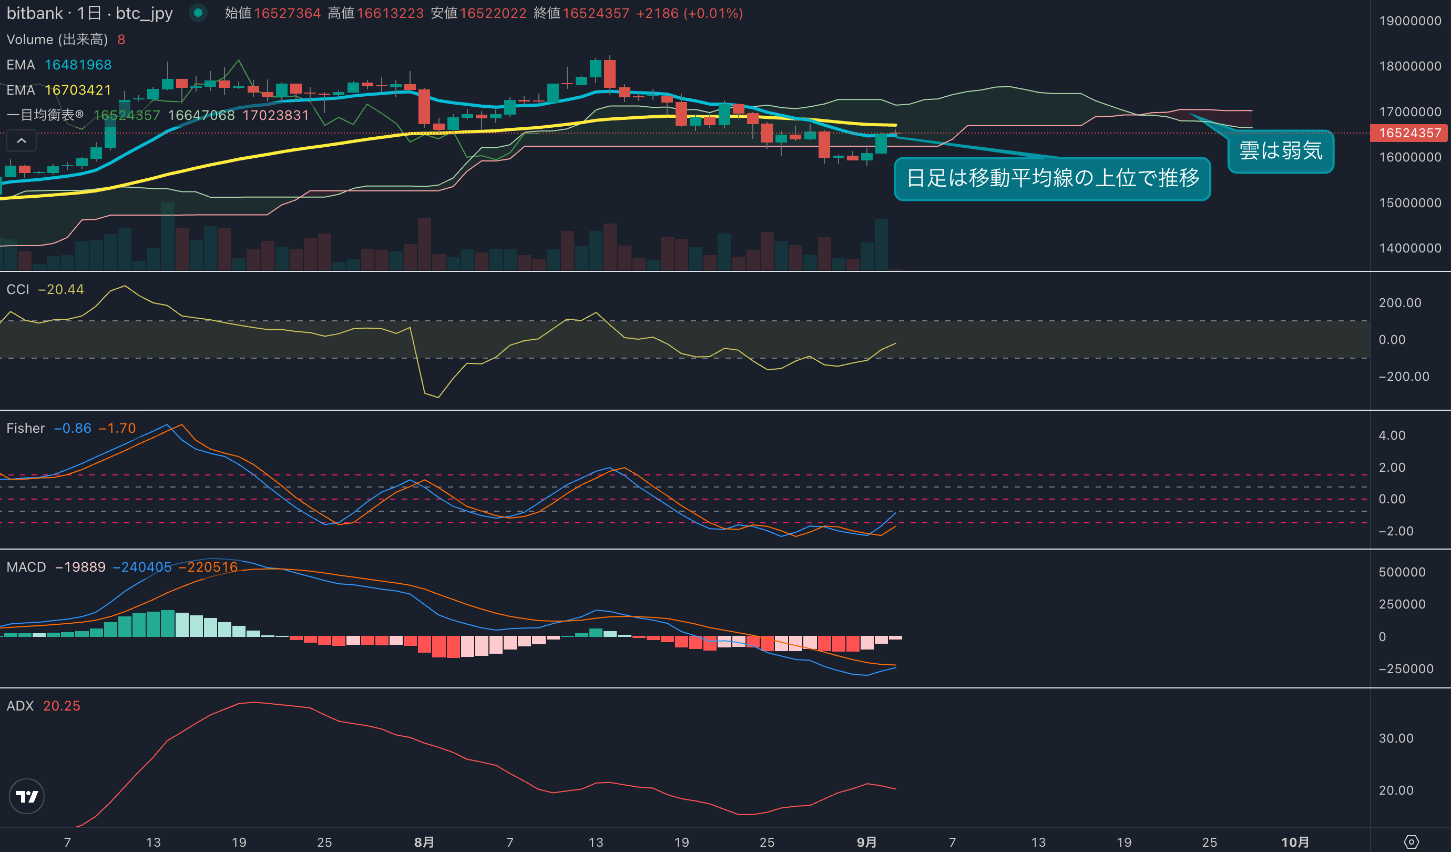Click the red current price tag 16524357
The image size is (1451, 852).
click(x=1409, y=133)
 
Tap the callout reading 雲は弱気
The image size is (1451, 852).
click(x=1281, y=151)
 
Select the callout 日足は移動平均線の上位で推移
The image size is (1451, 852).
click(x=1052, y=178)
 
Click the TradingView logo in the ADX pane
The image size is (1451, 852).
click(x=27, y=796)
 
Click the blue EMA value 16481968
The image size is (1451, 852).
click(x=78, y=65)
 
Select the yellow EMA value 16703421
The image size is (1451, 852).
click(x=78, y=90)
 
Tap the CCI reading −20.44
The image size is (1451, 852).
click(x=61, y=289)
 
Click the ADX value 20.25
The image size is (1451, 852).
click(x=62, y=706)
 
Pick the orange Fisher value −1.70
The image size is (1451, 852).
click(x=117, y=428)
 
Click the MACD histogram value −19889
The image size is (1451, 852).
click(x=80, y=567)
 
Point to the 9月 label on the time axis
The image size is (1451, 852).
click(x=866, y=841)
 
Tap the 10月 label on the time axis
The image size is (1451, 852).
click(x=1295, y=841)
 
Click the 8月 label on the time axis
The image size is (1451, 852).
click(x=424, y=841)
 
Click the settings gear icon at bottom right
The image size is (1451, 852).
click(x=1411, y=841)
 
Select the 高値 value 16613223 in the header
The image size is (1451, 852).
click(x=390, y=13)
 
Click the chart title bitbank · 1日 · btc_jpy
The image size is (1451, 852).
click(x=89, y=13)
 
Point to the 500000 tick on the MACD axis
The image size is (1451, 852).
click(x=1402, y=572)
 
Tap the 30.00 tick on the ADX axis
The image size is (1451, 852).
click(x=1396, y=738)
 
